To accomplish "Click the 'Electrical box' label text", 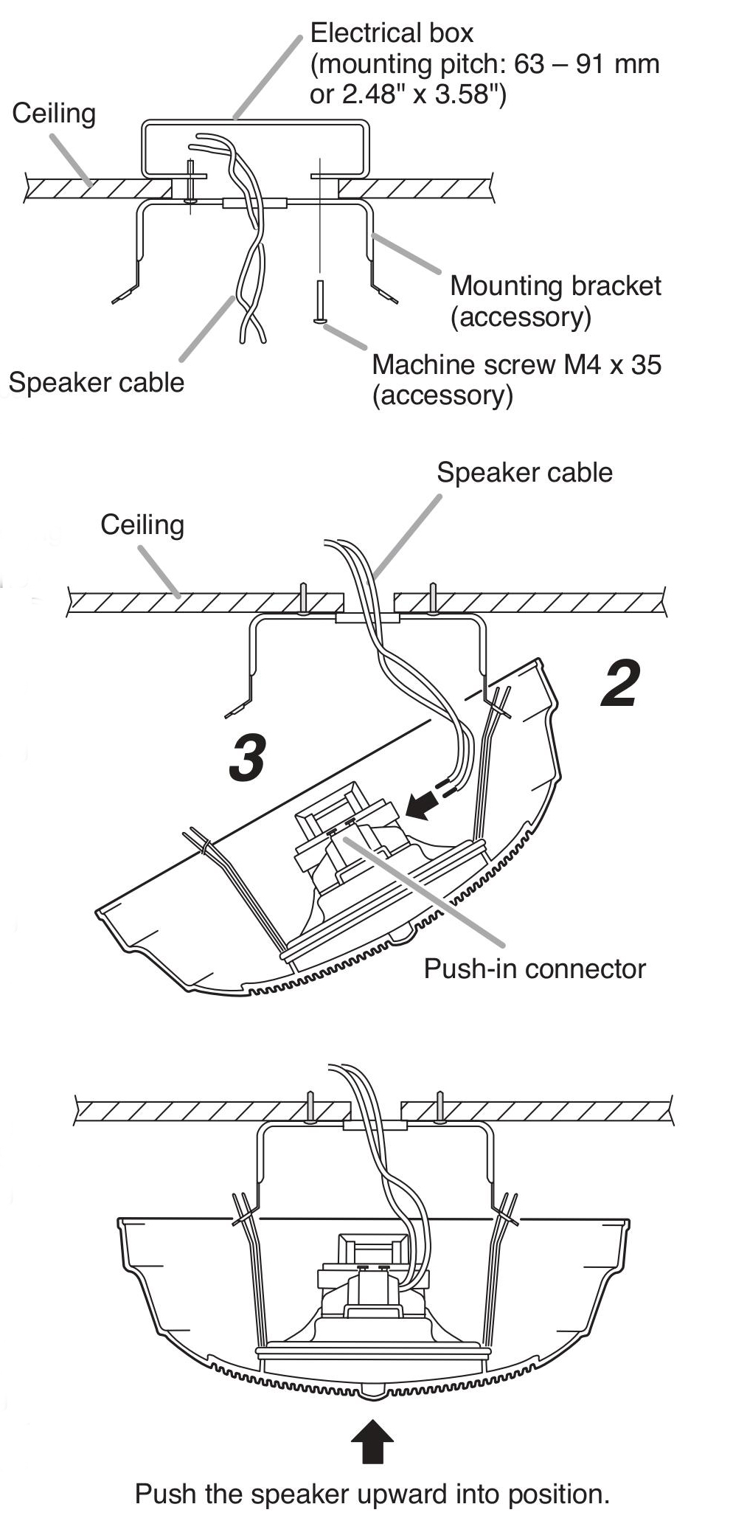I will [392, 33].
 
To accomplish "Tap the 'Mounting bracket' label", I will [555, 286].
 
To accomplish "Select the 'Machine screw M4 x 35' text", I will [516, 364].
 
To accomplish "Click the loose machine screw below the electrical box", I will [320, 302].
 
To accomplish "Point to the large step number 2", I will [620, 685].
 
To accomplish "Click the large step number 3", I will [247, 758].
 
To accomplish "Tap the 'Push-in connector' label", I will [534, 969].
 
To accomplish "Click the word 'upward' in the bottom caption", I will [402, 1494].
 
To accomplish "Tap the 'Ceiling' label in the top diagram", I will [54, 114].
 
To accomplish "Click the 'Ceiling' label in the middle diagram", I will [142, 525].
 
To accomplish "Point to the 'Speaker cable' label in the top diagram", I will [96, 383].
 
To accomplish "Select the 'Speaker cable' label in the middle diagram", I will [524, 473].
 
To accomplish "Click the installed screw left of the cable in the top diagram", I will [191, 182].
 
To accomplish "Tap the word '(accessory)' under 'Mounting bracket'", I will [521, 317].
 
